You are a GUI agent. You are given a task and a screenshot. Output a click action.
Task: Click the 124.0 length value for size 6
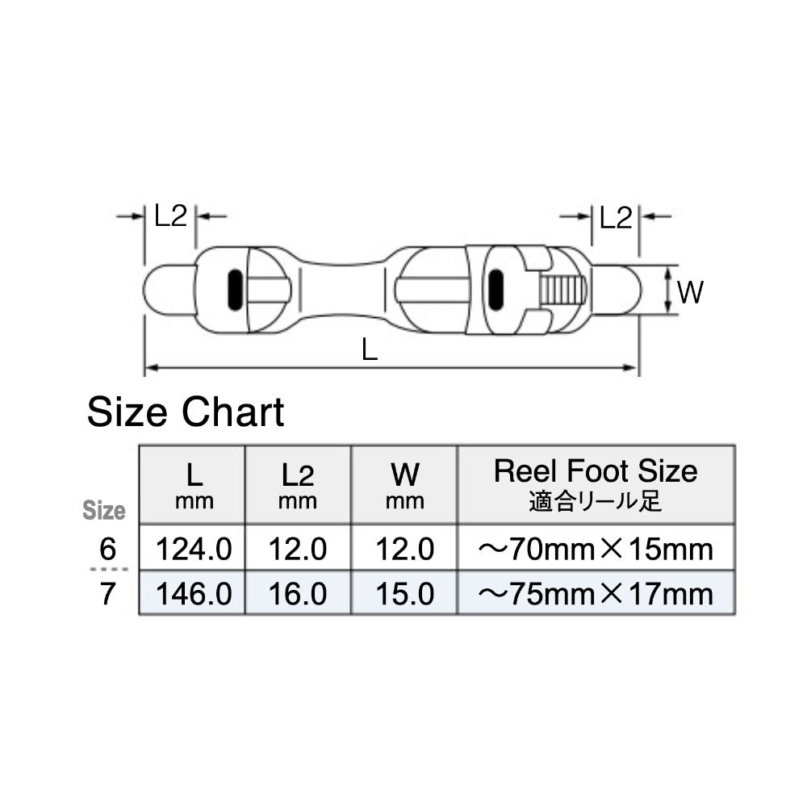point(194,550)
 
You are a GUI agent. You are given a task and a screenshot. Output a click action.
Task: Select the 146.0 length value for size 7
point(194,594)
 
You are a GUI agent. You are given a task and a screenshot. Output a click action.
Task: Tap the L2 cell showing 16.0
point(298,594)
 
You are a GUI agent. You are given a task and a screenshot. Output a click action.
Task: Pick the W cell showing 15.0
point(404,594)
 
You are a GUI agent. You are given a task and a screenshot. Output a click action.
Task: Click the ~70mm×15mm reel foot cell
point(596,550)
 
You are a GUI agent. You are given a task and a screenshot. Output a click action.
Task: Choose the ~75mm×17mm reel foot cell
point(596,594)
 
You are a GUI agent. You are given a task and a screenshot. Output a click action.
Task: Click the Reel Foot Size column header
point(596,483)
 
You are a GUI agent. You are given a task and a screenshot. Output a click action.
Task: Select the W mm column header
point(404,484)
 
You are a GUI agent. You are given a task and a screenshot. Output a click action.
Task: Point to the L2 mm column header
point(298,484)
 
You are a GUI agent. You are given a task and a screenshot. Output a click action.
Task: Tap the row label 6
point(107,550)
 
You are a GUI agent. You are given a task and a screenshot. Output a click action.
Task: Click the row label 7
point(107,594)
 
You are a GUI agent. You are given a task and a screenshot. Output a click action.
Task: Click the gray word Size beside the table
point(105,511)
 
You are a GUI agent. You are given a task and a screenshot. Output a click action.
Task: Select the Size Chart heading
point(186,413)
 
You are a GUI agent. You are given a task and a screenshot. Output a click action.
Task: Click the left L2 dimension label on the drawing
point(170,216)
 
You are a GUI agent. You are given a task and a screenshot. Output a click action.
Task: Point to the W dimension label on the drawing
point(690,292)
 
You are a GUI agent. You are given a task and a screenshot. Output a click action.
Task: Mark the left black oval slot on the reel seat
point(234,290)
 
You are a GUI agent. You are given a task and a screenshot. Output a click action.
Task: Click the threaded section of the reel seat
point(562,291)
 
